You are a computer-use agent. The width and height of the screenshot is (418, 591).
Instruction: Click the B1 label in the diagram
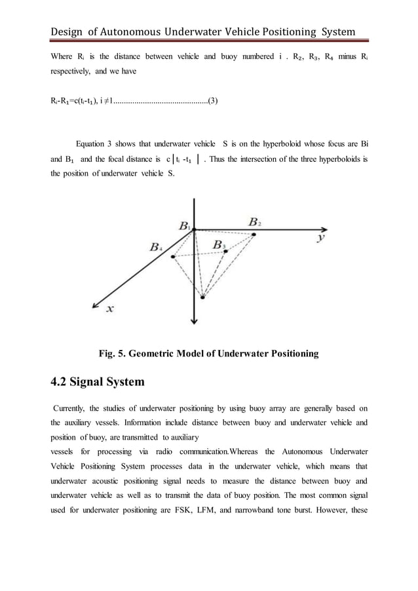185,225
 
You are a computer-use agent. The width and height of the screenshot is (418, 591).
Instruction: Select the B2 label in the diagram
255,222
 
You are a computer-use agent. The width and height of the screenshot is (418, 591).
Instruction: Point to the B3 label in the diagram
219,245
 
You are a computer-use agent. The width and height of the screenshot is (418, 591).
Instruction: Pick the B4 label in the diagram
157,247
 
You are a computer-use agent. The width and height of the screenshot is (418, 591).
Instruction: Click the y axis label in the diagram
320,237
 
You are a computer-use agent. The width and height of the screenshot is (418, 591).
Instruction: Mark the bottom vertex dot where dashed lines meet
202,297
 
